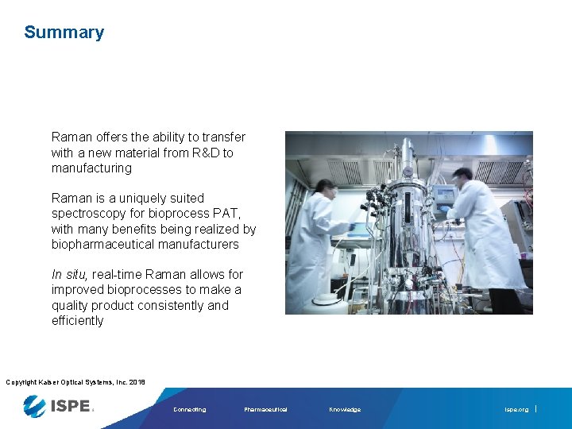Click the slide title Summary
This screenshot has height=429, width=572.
coord(64,33)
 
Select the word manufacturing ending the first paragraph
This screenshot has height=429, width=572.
coord(91,168)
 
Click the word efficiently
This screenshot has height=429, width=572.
coord(77,321)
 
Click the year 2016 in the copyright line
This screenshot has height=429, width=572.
coord(135,383)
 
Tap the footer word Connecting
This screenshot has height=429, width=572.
coord(189,410)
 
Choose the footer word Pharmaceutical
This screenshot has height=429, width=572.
coord(265,410)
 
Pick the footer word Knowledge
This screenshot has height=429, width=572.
coord(345,410)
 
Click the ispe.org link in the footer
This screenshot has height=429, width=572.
coord(516,410)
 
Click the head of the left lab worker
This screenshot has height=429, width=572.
coord(325,187)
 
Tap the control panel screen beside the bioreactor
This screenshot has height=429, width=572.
coord(445,194)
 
